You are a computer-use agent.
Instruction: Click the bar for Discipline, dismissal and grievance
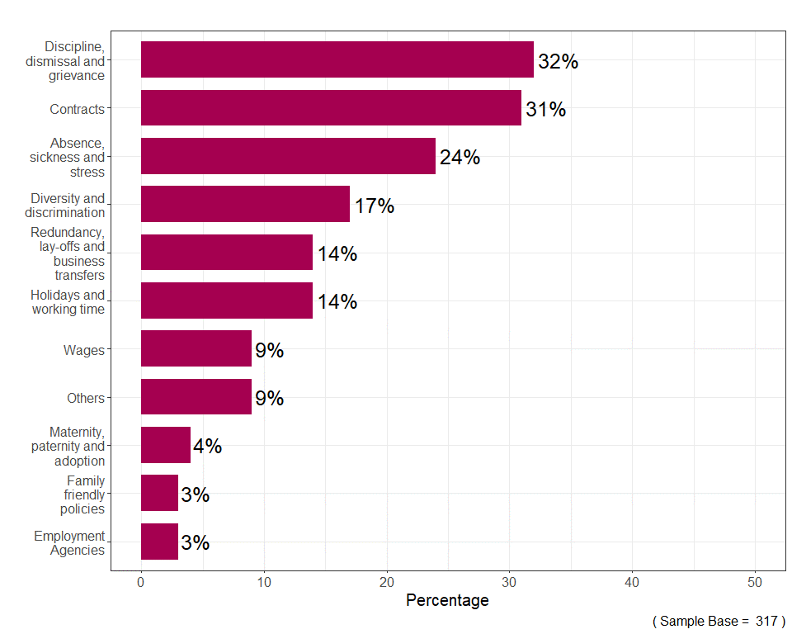click(x=337, y=59)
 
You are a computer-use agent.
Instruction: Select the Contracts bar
click(x=331, y=108)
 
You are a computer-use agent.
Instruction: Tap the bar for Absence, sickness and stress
click(x=288, y=156)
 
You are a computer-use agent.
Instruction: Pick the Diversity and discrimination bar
click(x=245, y=204)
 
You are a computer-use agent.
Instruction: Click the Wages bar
click(x=196, y=348)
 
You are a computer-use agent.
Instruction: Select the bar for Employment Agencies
click(x=159, y=542)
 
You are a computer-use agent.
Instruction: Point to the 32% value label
click(x=558, y=62)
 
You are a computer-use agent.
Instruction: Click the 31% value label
click(x=545, y=110)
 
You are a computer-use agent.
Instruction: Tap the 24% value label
click(x=460, y=158)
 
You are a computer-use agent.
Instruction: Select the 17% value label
click(x=374, y=206)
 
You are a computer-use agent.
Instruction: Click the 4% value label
click(x=207, y=447)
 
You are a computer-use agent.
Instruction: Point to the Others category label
click(x=86, y=398)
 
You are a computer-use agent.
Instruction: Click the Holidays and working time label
click(x=68, y=302)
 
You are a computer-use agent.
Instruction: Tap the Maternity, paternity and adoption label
click(x=77, y=447)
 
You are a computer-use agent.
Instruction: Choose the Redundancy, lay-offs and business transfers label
click(x=68, y=253)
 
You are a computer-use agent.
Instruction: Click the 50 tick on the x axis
click(x=755, y=581)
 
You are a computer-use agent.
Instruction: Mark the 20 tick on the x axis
click(x=387, y=581)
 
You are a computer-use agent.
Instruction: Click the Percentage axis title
click(x=447, y=601)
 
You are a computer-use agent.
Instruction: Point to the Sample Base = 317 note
click(x=719, y=621)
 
